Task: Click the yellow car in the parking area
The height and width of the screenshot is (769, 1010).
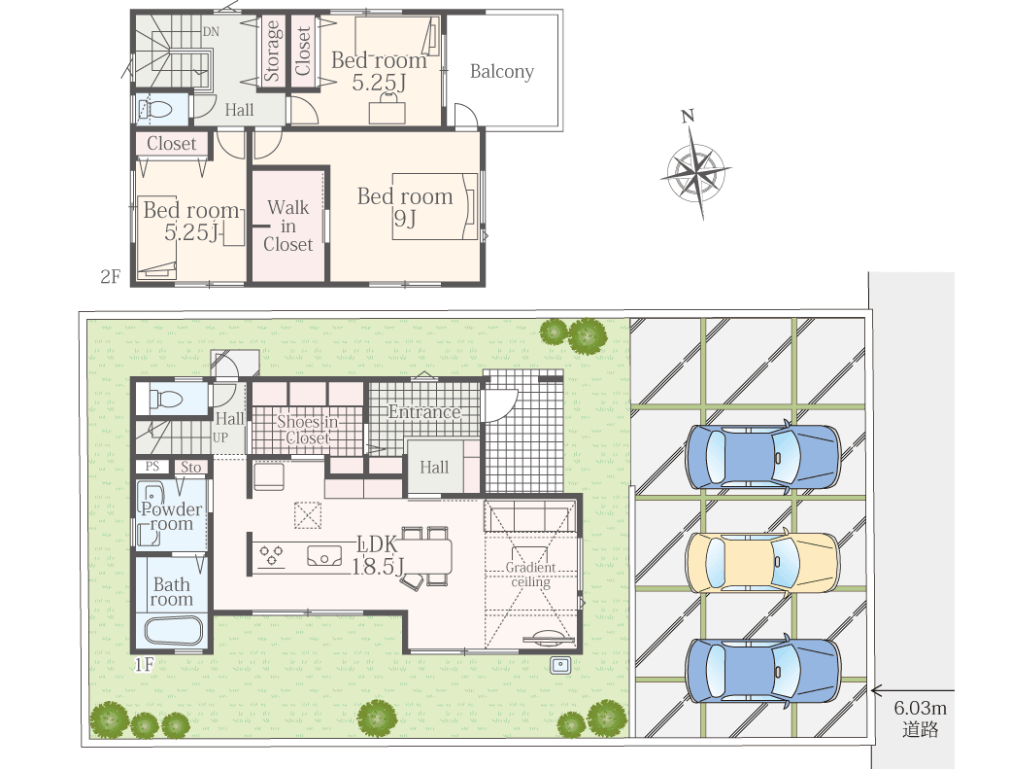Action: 762,563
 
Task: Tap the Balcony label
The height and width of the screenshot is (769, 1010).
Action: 502,72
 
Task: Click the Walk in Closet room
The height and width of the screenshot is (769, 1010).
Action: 287,226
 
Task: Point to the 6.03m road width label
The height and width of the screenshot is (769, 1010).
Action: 920,709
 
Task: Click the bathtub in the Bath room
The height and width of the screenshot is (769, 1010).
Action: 173,632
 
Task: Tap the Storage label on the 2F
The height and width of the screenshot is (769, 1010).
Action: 272,51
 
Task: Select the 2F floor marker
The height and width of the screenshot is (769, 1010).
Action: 110,276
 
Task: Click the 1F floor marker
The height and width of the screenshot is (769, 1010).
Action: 145,664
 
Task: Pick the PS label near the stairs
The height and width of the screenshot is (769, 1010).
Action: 152,467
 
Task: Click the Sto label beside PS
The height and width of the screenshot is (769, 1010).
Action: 190,468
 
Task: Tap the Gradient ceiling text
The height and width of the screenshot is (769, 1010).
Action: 530,575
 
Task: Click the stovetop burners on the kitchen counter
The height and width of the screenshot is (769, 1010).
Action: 271,556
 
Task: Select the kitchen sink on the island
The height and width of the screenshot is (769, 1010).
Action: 324,556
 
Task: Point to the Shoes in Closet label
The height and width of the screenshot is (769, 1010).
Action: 307,430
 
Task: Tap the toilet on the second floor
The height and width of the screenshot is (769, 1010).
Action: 154,110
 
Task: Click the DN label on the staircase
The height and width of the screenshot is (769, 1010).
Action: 211,31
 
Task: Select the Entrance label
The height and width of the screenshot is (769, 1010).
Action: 424,412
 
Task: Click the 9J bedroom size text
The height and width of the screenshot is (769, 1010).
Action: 405,219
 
